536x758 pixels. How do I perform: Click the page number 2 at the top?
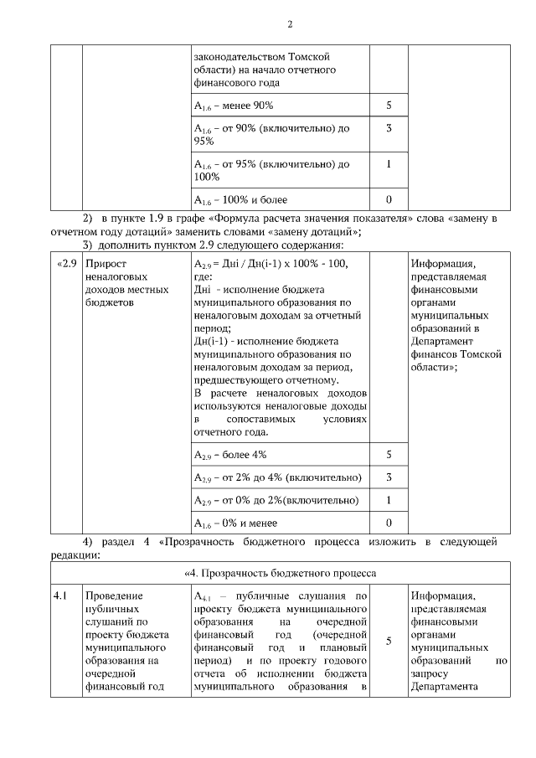coord(290,23)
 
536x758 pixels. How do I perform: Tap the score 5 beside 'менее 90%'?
coord(389,106)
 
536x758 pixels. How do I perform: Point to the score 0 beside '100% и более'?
coord(389,200)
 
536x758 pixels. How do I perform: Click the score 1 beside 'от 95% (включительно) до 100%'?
coord(389,164)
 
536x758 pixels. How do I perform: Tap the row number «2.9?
coord(67,264)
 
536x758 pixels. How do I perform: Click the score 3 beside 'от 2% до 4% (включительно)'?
coord(389,477)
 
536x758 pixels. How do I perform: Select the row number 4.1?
coord(60,596)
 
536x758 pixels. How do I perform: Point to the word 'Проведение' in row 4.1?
coord(114,596)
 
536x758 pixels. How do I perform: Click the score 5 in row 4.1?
coord(389,642)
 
